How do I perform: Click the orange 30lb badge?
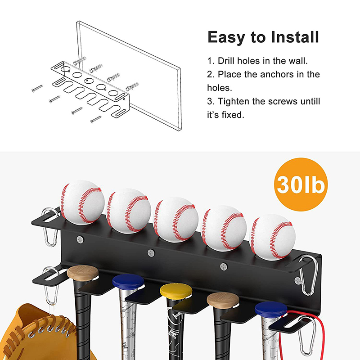tap(301, 184)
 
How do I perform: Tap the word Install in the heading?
tap(295, 37)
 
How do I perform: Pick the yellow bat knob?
tap(176, 291)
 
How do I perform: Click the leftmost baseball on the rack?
tap(82, 202)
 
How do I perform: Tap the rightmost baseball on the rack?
tap(272, 237)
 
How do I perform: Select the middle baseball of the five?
tap(176, 220)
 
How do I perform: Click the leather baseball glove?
tap(41, 333)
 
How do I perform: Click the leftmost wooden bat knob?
tap(83, 273)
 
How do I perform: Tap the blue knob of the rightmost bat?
tap(271, 310)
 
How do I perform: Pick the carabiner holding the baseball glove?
tap(51, 285)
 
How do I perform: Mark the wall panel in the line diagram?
tap(129, 76)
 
